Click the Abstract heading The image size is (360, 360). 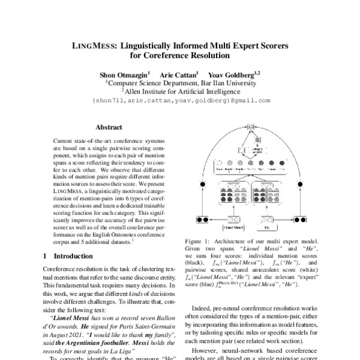109,127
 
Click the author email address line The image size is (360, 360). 181,101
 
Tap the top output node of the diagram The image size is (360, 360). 251,127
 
